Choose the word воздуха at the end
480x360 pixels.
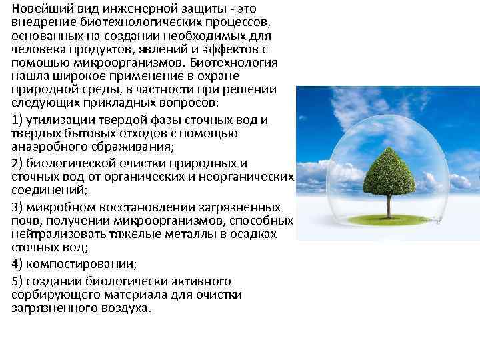tap(128, 308)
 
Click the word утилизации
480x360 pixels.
tap(59, 120)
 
